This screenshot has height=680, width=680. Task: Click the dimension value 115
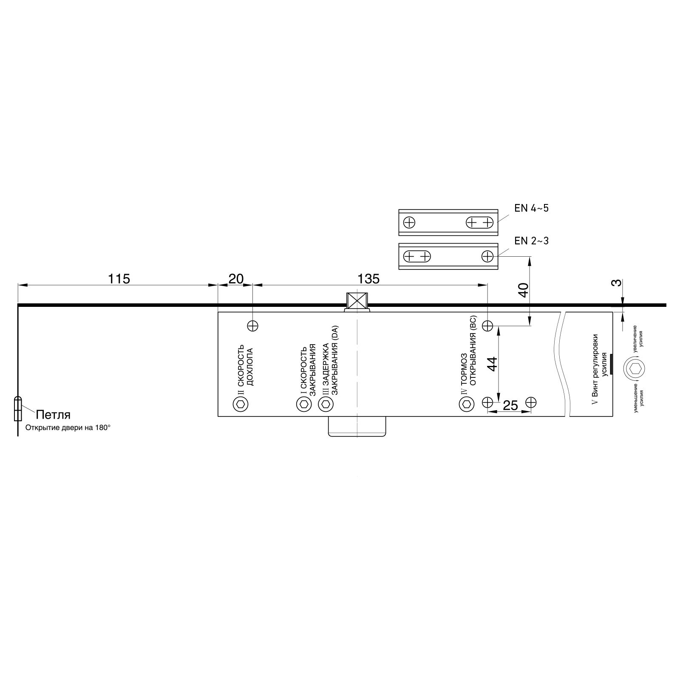point(119,279)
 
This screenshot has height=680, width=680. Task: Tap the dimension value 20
point(236,279)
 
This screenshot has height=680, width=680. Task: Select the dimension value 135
point(368,279)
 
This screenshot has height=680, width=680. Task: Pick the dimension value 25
point(510,405)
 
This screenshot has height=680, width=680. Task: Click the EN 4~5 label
point(531,208)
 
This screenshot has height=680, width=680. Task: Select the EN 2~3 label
point(531,241)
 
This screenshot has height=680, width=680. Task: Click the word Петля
point(53,414)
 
